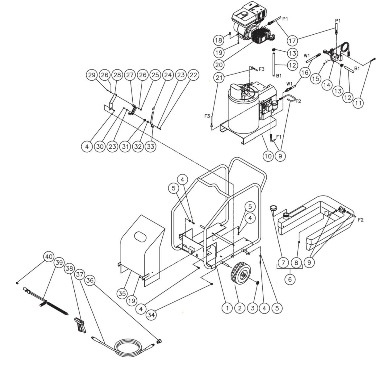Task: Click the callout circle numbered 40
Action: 49,256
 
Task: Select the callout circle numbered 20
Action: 219,64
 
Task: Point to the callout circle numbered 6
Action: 290,279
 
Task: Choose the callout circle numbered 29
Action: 92,75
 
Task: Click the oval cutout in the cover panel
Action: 140,237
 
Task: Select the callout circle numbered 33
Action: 150,146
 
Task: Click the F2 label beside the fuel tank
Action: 360,219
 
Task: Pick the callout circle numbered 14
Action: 327,85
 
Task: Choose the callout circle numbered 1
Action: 227,308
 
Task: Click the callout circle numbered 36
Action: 90,281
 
